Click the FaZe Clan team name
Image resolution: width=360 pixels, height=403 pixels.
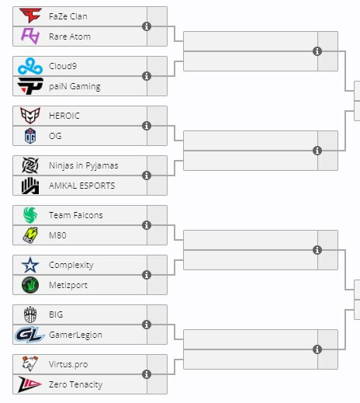[68, 16]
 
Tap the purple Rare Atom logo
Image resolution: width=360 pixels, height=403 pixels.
[30, 36]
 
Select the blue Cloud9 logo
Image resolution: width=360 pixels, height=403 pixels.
[30, 66]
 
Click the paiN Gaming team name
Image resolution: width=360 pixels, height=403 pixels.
[74, 86]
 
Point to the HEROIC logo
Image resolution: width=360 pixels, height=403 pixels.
[30, 116]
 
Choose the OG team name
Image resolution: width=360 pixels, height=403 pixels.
[55, 136]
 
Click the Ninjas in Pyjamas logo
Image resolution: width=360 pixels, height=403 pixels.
[30, 165]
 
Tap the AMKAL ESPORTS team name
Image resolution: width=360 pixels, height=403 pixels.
[82, 186]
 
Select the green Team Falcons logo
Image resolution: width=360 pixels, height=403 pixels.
[30, 215]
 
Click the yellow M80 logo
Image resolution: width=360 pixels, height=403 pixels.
[30, 235]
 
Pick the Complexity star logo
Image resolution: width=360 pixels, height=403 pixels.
[30, 265]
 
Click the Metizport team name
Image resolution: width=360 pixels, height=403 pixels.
[68, 285]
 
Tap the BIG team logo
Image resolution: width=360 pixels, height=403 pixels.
[30, 314]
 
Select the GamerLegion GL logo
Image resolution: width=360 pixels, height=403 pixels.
[29, 335]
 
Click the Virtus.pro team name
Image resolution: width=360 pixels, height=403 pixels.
[68, 364]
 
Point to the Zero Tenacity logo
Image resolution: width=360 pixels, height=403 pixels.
[29, 384]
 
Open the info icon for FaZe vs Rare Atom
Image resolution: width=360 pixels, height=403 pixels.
[147, 26]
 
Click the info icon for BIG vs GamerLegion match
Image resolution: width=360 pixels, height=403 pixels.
[147, 325]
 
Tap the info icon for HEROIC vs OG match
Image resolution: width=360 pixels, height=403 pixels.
[147, 126]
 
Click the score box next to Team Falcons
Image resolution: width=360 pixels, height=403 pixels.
[157, 215]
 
